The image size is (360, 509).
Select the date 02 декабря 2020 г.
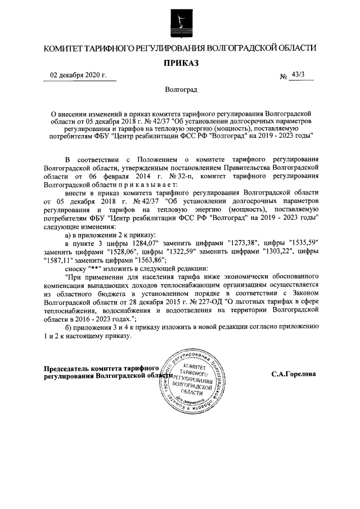tap(78, 75)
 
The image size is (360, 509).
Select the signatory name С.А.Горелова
tap(293, 373)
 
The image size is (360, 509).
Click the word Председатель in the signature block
tap(67, 369)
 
